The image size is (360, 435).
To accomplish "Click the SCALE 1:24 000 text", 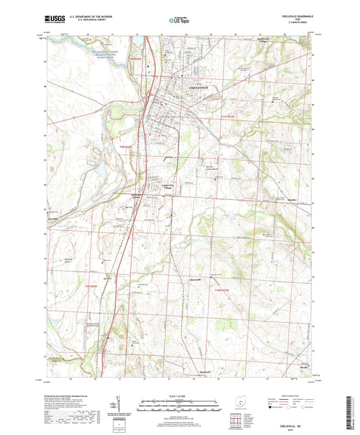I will pyautogui.click(x=180, y=395).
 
